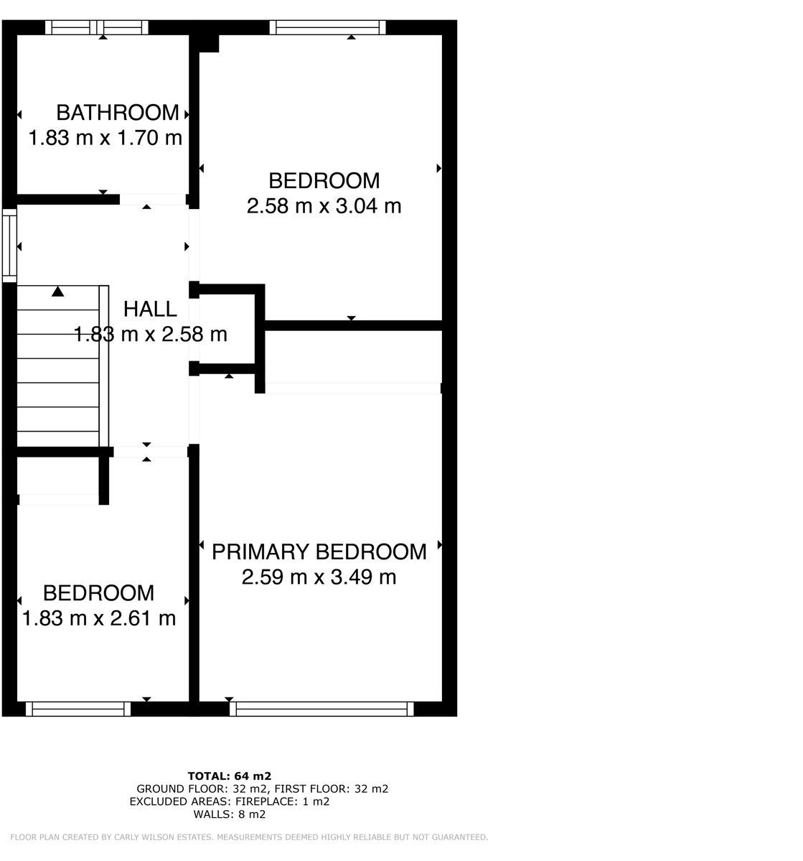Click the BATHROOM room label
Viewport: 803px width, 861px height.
pos(118,113)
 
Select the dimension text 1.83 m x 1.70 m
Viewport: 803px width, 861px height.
pos(105,138)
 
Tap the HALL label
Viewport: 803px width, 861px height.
pos(150,310)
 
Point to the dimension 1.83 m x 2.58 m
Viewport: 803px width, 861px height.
pos(151,335)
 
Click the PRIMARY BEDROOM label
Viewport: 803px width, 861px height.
pos(319,552)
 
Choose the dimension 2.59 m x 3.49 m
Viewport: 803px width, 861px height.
pos(319,577)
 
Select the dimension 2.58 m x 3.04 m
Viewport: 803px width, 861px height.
pos(324,207)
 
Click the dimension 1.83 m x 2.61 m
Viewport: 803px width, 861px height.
pos(99,618)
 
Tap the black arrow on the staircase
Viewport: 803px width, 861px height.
pos(57,292)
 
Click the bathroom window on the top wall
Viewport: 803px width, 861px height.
pos(97,27)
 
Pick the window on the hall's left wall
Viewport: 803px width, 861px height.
pos(9,245)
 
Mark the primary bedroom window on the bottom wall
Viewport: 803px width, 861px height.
pos(321,709)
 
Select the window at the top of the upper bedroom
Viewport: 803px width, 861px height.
pos(328,27)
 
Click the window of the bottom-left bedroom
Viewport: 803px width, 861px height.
pos(78,709)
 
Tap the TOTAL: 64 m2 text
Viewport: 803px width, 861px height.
pos(230,776)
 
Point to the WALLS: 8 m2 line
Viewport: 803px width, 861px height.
pos(230,814)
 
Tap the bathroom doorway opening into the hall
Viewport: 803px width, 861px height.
pos(153,200)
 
